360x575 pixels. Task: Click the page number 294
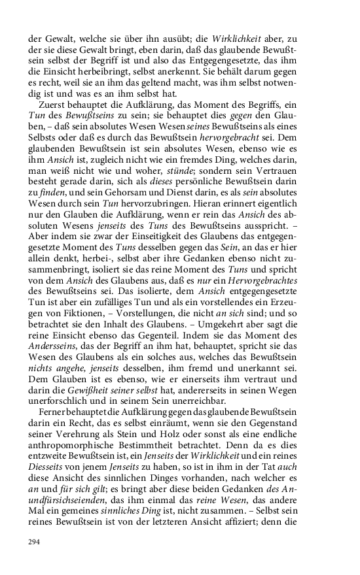pyautogui.click(x=35, y=540)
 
